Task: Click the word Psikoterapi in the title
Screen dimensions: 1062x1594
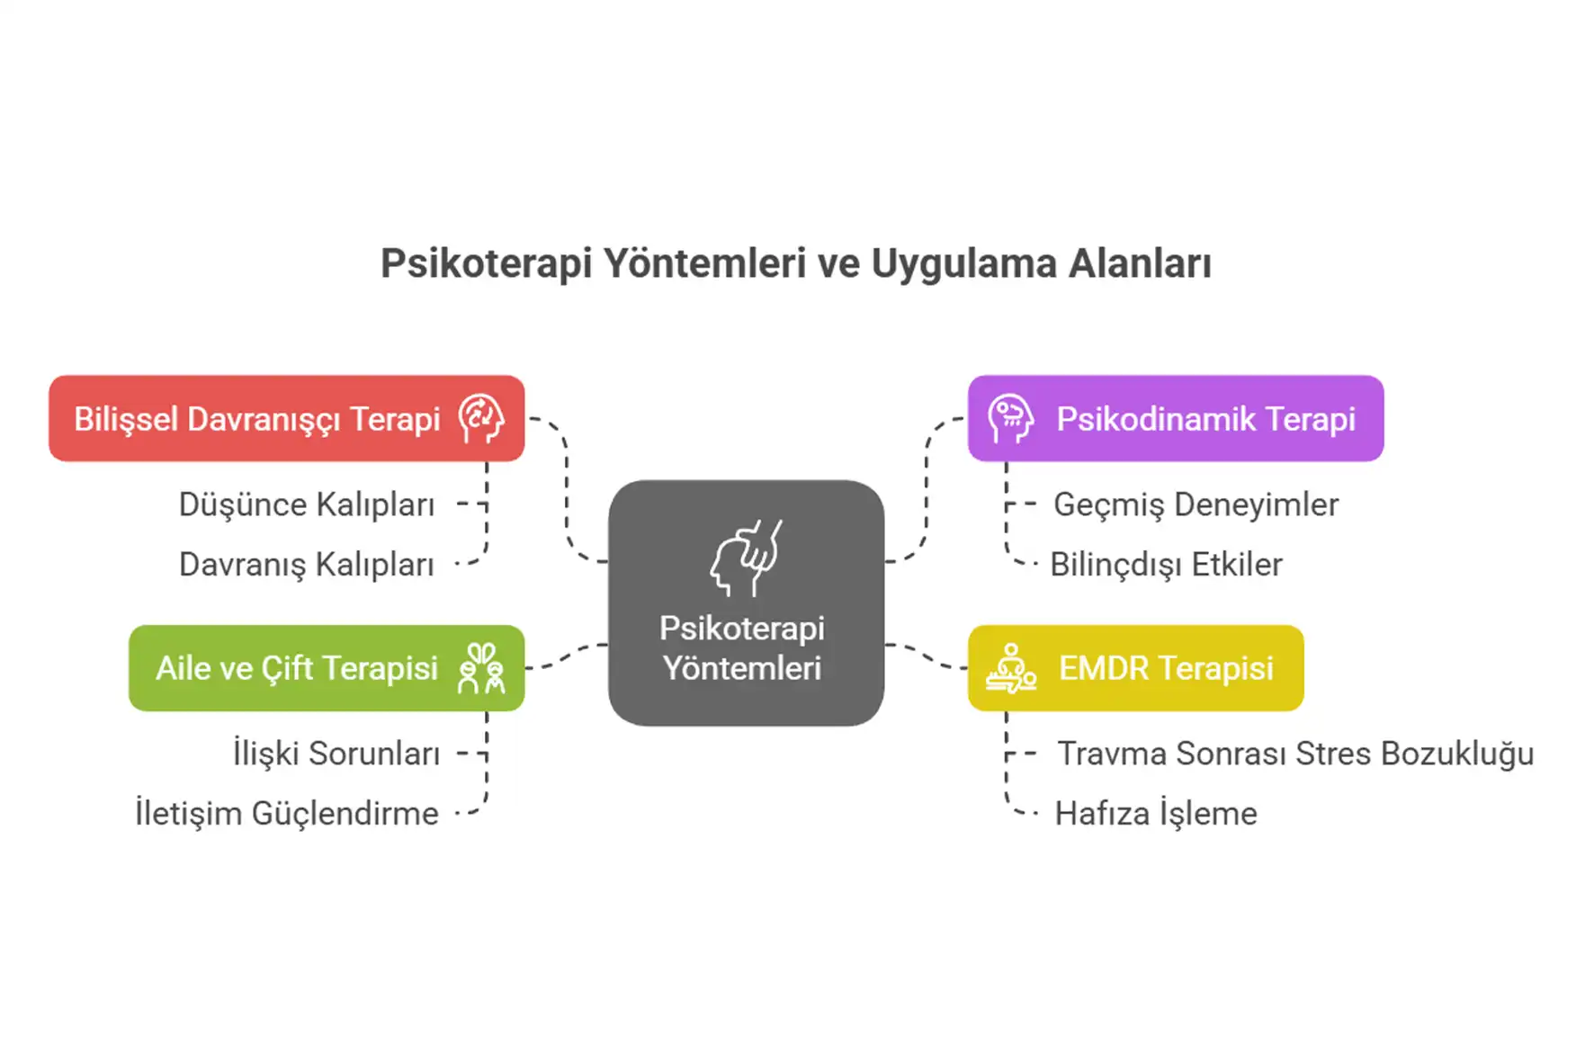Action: (x=486, y=264)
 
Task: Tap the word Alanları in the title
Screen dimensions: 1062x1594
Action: (x=1140, y=264)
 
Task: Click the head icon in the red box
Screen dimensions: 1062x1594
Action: (x=480, y=419)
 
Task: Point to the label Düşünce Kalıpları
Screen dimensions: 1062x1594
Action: (x=306, y=504)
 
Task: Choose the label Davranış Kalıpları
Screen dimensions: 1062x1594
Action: (x=306, y=565)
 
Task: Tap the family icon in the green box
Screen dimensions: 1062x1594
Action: (x=480, y=668)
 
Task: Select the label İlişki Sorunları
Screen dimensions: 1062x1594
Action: (x=336, y=754)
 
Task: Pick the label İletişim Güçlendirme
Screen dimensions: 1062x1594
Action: (x=286, y=814)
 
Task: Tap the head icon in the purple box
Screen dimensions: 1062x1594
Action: (x=1009, y=419)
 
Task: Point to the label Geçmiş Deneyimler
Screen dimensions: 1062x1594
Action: (x=1195, y=504)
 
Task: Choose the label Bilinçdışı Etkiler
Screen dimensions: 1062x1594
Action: (x=1166, y=565)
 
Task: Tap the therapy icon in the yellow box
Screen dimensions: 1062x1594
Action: (x=1010, y=668)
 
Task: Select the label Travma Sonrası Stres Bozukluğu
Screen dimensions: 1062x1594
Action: (x=1295, y=754)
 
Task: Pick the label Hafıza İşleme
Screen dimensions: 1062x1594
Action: (x=1156, y=814)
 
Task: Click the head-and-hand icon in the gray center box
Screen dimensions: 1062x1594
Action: (x=746, y=558)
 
